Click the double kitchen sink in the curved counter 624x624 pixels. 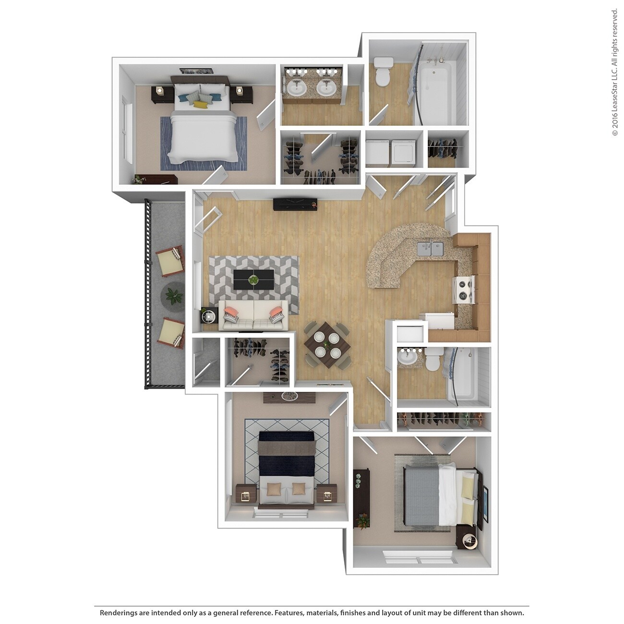pos(431,249)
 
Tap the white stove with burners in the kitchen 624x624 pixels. pos(464,290)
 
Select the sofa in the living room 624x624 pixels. pos(253,316)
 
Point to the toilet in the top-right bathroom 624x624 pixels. pos(383,72)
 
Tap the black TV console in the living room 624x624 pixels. pos(295,204)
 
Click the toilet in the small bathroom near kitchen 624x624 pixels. pos(433,360)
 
